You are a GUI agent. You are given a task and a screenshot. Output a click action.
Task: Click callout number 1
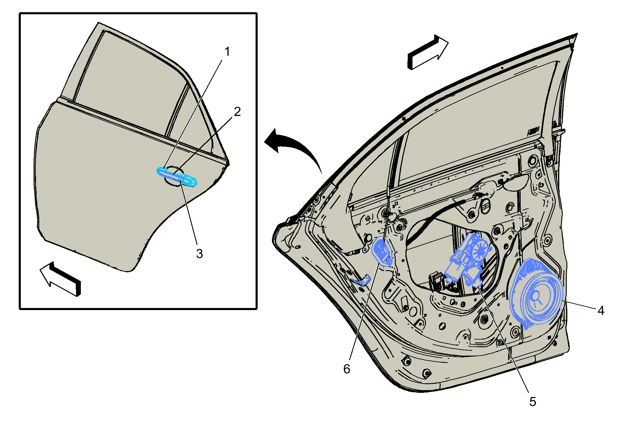coord(227,52)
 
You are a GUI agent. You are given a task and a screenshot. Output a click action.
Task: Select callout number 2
coord(237,112)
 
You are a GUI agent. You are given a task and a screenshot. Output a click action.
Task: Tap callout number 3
coord(199,254)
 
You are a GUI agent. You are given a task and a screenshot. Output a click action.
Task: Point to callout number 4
coord(601,311)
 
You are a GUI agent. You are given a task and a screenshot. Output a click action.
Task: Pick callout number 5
coord(533,402)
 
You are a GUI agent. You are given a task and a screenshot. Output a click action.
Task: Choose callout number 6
coord(347,369)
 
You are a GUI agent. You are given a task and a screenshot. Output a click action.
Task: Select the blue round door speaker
coord(536,293)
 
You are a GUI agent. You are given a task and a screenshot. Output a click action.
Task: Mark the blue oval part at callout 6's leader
coord(382,251)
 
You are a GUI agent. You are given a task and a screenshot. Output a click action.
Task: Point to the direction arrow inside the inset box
coord(60,279)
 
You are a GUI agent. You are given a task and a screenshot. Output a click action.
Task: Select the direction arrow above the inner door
coord(428,52)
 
